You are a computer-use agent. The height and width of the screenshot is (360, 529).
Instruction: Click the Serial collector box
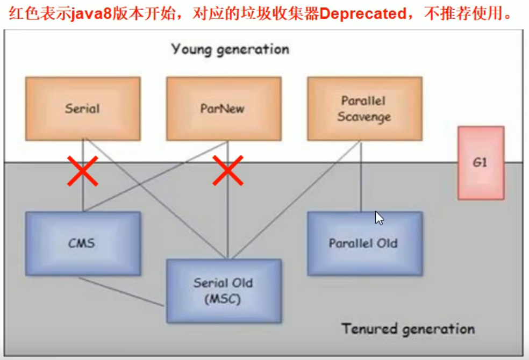click(x=83, y=109)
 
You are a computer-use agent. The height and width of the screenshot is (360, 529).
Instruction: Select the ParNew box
click(x=224, y=109)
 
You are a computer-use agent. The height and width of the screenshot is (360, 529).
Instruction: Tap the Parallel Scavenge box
click(x=364, y=109)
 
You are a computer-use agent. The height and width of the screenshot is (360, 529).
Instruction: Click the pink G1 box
click(x=481, y=163)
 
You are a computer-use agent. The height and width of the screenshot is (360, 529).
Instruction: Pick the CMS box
click(x=83, y=243)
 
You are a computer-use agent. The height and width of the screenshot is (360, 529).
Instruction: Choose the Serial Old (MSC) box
click(x=224, y=291)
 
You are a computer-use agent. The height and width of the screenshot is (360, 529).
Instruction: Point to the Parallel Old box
click(x=364, y=243)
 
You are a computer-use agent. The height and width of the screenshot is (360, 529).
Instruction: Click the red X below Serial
click(x=82, y=171)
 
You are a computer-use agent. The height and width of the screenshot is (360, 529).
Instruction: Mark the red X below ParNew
click(x=228, y=171)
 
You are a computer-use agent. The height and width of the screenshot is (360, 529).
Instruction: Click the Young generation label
click(x=230, y=49)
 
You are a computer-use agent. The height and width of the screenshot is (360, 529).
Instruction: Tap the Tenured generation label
click(x=408, y=328)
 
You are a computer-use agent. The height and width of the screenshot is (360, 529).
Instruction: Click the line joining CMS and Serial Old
click(x=121, y=291)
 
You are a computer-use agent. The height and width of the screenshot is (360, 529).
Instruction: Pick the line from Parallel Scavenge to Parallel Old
click(x=361, y=177)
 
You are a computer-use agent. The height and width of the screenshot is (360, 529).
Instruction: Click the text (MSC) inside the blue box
click(x=223, y=299)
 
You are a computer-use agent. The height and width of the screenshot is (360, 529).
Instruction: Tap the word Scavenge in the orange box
click(x=364, y=117)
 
